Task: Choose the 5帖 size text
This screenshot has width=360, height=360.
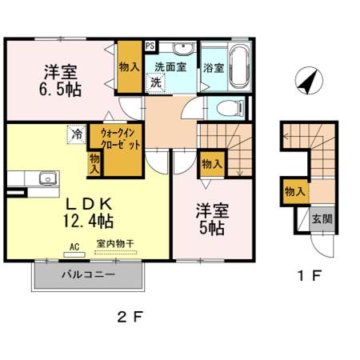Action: point(212,228)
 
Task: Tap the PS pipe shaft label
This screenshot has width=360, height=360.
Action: point(150,46)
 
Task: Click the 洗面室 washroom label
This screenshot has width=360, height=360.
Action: point(170,68)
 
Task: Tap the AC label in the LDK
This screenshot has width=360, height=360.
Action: point(74,247)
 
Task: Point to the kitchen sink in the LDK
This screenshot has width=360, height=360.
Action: point(45,178)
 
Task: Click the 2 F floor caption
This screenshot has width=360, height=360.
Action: point(129,318)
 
